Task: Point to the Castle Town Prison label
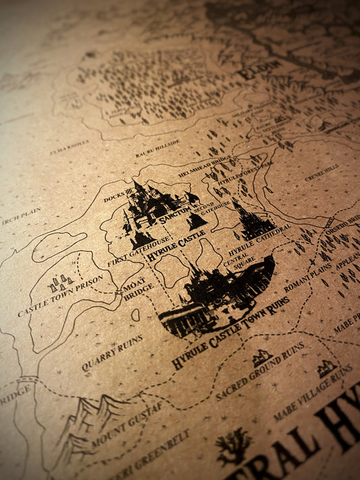(60, 296)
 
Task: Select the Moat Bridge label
(137, 288)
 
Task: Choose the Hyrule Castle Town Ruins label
(230, 332)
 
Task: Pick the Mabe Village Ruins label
(313, 394)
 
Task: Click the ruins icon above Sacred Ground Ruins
(261, 357)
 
